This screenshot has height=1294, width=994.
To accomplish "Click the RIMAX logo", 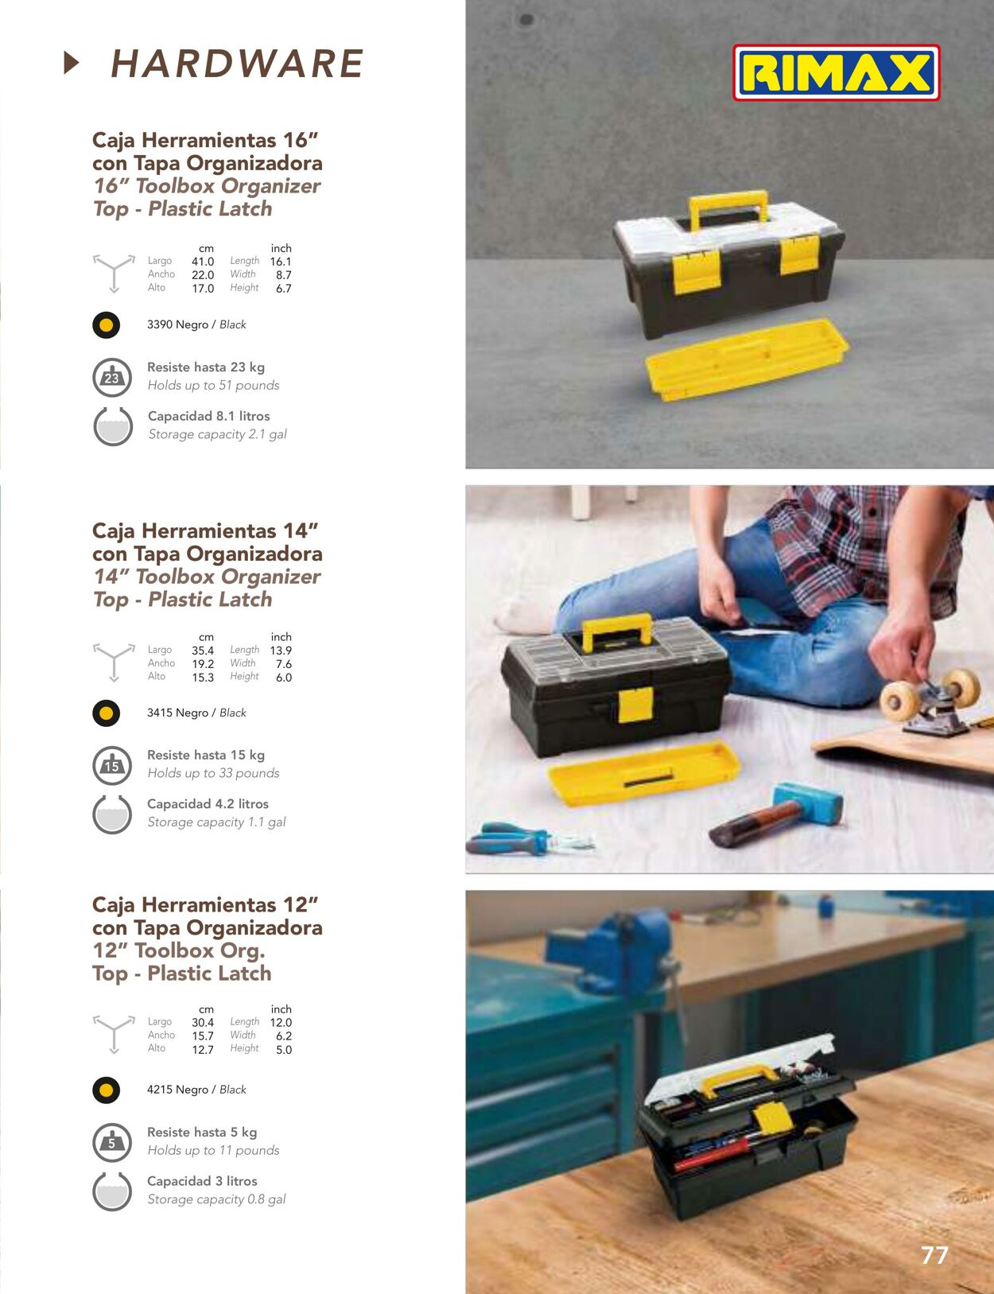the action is pyautogui.click(x=837, y=72).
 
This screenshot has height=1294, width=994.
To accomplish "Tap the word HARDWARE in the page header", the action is pyautogui.click(x=237, y=64).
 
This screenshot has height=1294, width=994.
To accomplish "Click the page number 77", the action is pyautogui.click(x=934, y=1255).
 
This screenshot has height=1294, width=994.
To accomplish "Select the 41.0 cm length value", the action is pyautogui.click(x=202, y=262).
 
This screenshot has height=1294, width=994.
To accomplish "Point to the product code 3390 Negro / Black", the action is pyautogui.click(x=196, y=324).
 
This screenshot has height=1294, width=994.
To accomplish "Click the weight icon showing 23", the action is pyautogui.click(x=112, y=378).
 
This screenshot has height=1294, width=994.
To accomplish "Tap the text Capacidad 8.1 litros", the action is pyautogui.click(x=208, y=416).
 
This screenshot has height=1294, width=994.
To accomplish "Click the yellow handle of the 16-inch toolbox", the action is pyautogui.click(x=728, y=208).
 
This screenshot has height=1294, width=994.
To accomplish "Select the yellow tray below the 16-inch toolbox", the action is pyautogui.click(x=747, y=359).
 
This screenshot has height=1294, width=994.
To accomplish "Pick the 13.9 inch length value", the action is pyautogui.click(x=281, y=651).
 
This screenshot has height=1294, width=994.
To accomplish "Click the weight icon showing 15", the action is pyautogui.click(x=112, y=765).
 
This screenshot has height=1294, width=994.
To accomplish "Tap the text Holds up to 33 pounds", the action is pyautogui.click(x=213, y=773).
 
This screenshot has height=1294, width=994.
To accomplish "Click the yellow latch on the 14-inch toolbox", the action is pyautogui.click(x=635, y=705).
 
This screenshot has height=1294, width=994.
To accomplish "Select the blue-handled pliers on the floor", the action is pyautogui.click(x=530, y=837).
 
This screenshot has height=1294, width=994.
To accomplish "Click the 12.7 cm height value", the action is pyautogui.click(x=202, y=1049).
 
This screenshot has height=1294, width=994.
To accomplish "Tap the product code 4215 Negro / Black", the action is pyautogui.click(x=196, y=1089).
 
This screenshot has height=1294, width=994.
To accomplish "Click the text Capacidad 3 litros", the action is pyautogui.click(x=202, y=1181).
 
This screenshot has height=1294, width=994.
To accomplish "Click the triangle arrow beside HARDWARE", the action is pyautogui.click(x=71, y=63).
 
